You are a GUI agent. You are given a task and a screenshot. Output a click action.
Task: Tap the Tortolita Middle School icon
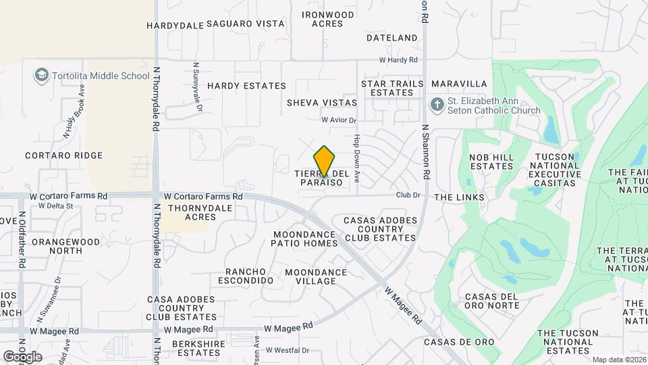pyautogui.click(x=42, y=75)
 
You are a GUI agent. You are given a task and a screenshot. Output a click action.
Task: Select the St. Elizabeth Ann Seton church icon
pyautogui.click(x=436, y=105)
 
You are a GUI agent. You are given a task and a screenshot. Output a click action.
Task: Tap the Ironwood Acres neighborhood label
pyautogui.click(x=328, y=19)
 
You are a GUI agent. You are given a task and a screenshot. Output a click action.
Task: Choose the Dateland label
pyautogui.click(x=392, y=38)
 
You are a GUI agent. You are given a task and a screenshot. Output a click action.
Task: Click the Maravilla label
pyautogui.click(x=459, y=84)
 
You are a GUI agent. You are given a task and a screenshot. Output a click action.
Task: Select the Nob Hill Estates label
pyautogui.click(x=491, y=162)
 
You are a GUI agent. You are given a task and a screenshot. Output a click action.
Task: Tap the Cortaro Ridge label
pyautogui.click(x=64, y=155)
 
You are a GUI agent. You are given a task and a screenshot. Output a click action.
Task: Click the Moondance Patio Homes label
pyautogui.click(x=305, y=239)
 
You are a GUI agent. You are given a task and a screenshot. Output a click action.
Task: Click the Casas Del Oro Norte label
pyautogui.click(x=491, y=301)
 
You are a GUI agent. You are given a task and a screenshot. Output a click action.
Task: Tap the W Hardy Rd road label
pyautogui.click(x=398, y=60)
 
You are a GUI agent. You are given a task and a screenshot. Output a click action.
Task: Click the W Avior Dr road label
pyautogui.click(x=338, y=120)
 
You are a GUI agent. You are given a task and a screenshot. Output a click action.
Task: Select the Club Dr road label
pyautogui.click(x=408, y=195)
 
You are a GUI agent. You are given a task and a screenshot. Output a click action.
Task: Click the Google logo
pyautogui.click(x=22, y=356)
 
